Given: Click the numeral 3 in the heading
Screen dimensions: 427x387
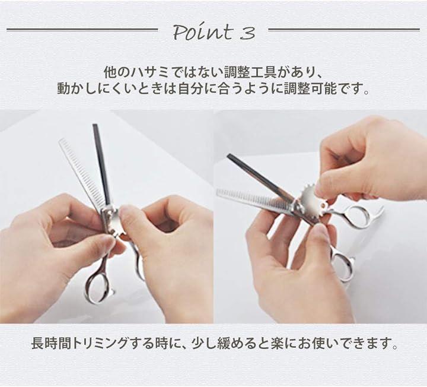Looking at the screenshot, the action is click(x=248, y=33).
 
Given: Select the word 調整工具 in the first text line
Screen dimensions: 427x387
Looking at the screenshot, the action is click(x=250, y=73).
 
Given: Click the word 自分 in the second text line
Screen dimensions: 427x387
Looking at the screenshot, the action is click(x=190, y=88).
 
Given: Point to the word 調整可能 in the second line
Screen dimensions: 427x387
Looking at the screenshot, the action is click(x=310, y=88).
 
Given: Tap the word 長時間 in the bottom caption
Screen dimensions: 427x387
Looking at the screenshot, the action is click(x=51, y=343).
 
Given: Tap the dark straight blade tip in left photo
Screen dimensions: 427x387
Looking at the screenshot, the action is click(x=95, y=125).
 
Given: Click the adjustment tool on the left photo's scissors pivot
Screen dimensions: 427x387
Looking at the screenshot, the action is click(x=111, y=219).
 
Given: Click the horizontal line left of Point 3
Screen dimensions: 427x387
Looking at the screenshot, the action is click(x=82, y=30).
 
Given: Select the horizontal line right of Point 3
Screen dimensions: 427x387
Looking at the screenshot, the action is click(x=344, y=30).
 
